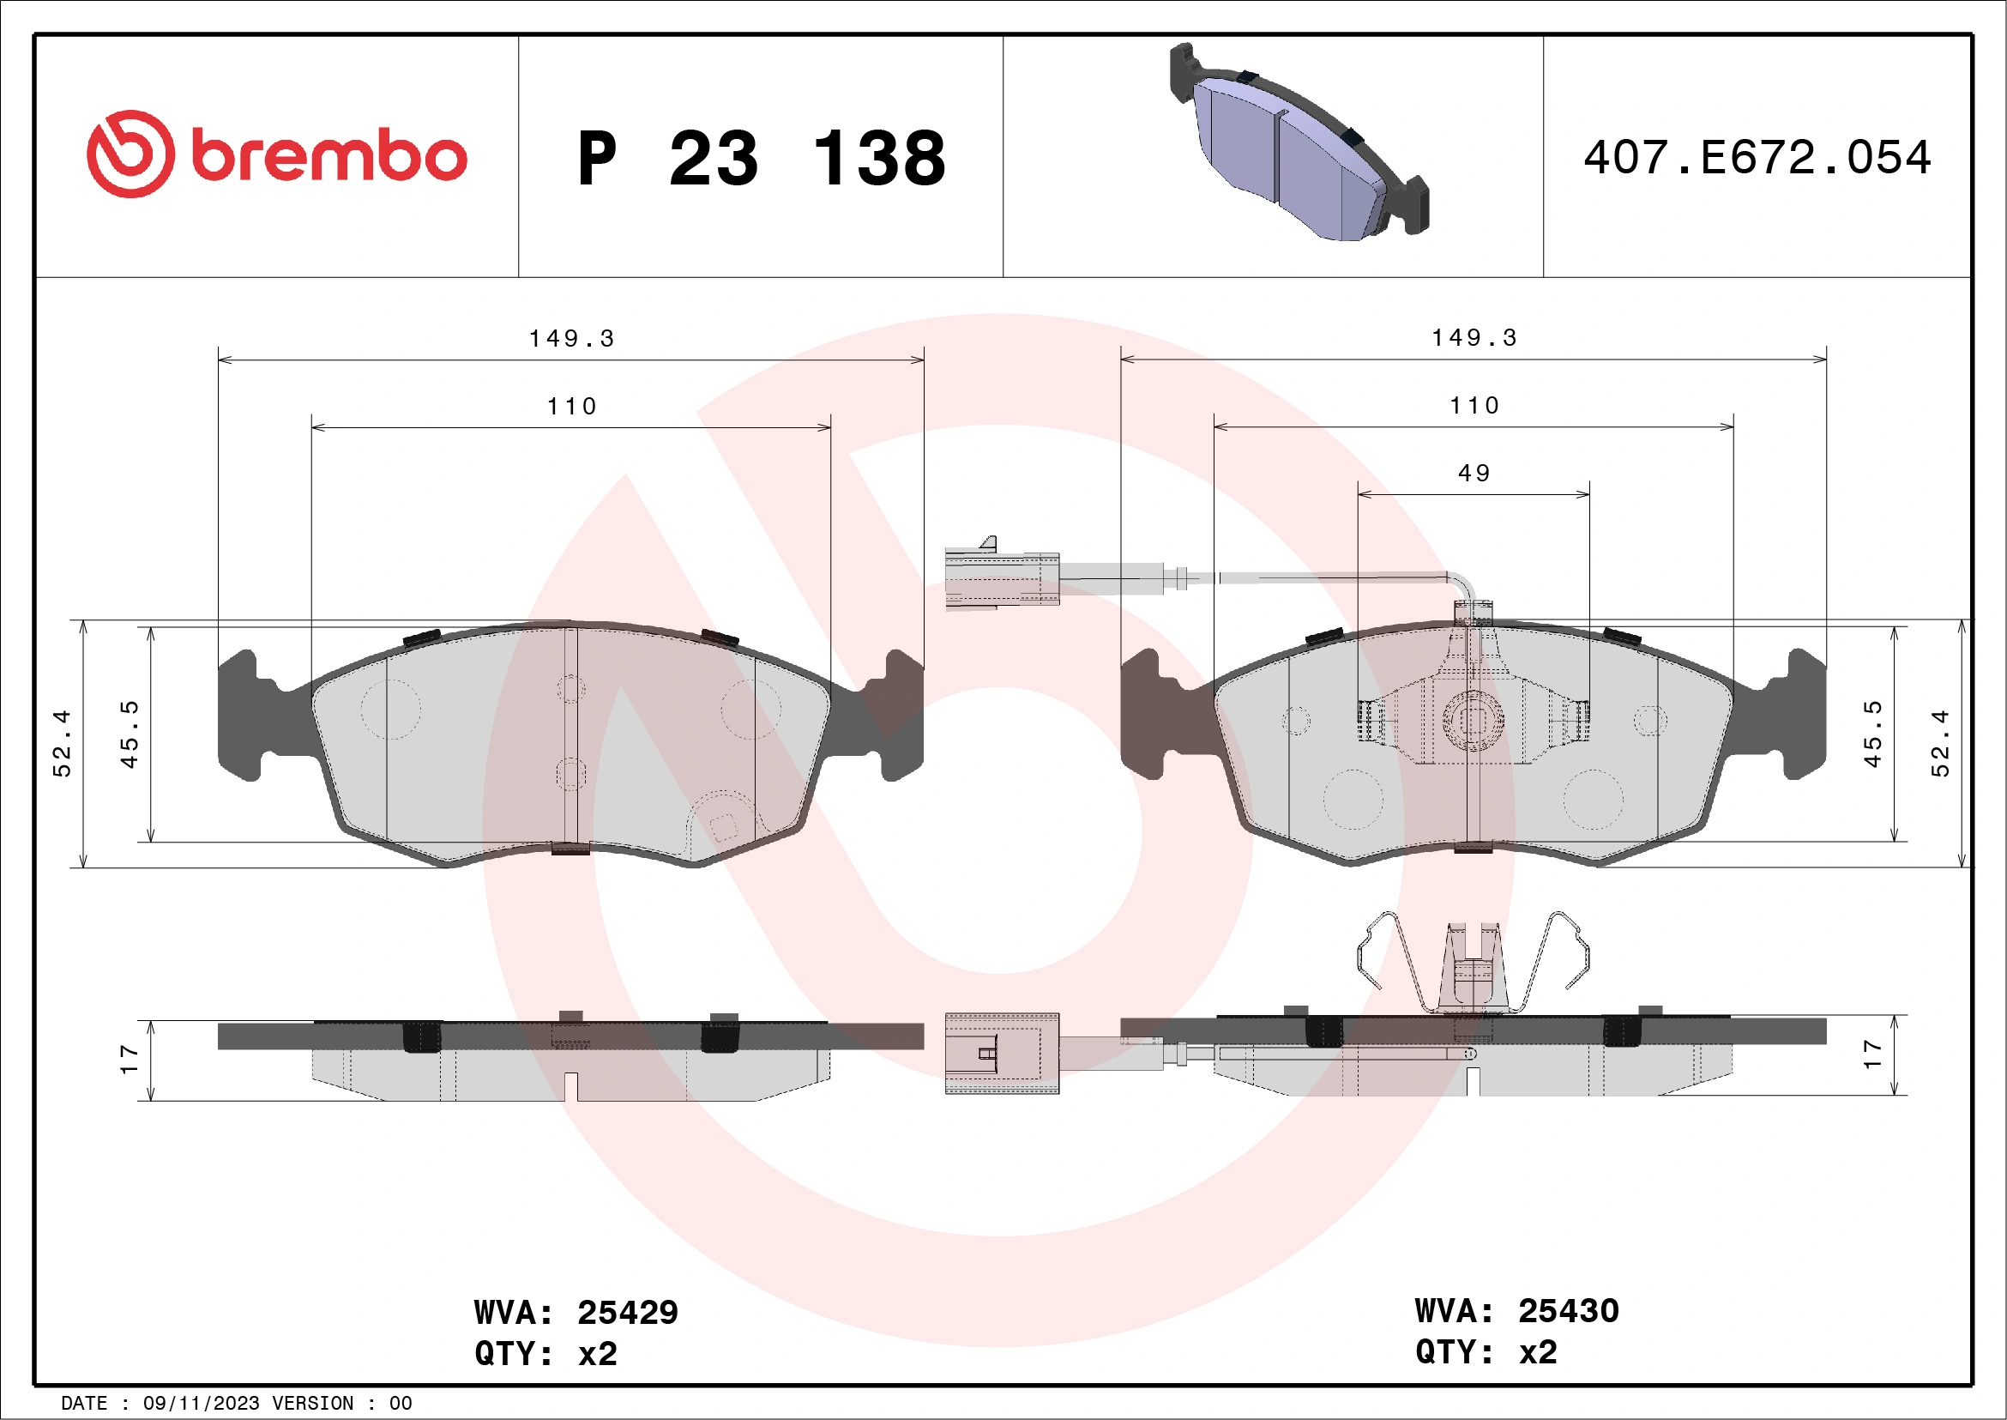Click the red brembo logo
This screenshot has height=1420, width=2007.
pyautogui.click(x=276, y=154)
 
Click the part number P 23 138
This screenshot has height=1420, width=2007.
pyautogui.click(x=761, y=159)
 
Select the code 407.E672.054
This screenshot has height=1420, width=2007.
pyautogui.click(x=1757, y=158)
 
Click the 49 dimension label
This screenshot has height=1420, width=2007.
pyautogui.click(x=1474, y=473)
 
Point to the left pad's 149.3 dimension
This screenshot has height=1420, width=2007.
pyautogui.click(x=572, y=338)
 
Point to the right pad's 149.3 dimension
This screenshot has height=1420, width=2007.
pyautogui.click(x=1474, y=337)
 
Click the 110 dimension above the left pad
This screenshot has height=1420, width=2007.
pyautogui.click(x=572, y=407)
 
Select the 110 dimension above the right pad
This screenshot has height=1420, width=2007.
pyautogui.click(x=1474, y=406)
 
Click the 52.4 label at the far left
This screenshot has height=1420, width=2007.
pyautogui.click(x=62, y=743)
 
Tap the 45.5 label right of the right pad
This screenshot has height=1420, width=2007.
pyautogui.click(x=1871, y=734)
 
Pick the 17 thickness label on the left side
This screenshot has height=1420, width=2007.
pyautogui.click(x=130, y=1059)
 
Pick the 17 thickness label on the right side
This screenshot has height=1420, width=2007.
pyautogui.click(x=1871, y=1054)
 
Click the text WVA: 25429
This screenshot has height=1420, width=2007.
pyautogui.click(x=576, y=1313)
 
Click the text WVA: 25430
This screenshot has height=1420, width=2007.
pyautogui.click(x=1516, y=1311)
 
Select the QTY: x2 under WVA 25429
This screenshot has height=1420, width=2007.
pyautogui.click(x=545, y=1354)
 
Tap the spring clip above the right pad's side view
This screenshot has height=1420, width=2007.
pyautogui.click(x=1474, y=962)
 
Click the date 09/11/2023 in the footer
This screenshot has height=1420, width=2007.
pyautogui.click(x=201, y=1404)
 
